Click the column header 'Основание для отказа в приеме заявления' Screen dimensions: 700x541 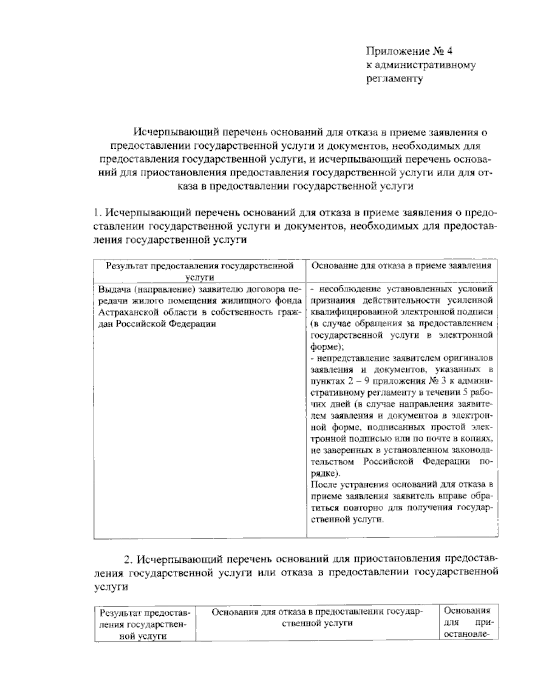(x=401, y=266)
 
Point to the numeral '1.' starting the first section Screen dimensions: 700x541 (x=97, y=213)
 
